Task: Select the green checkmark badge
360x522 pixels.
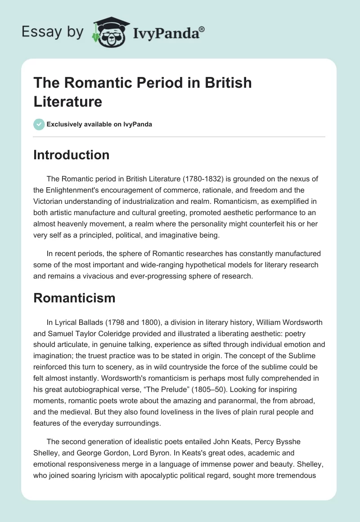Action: tap(39, 124)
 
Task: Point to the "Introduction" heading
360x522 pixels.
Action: tap(72, 155)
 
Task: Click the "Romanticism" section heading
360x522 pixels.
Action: tap(74, 298)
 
